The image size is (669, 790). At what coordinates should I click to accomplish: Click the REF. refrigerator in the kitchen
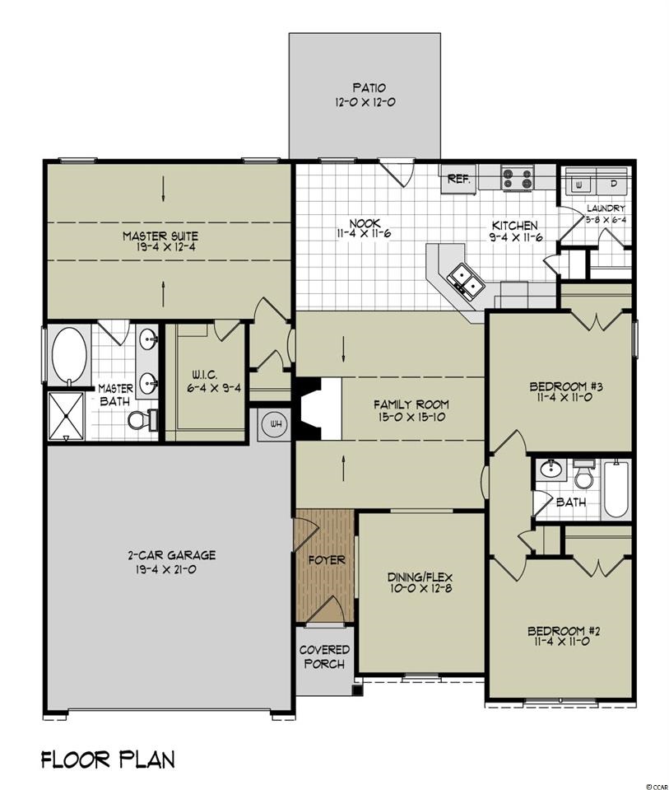[x=458, y=179]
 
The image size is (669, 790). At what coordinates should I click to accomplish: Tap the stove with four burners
[x=518, y=179]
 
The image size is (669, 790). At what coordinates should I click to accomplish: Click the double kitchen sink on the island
[x=466, y=280]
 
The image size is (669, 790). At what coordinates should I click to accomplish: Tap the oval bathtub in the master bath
[x=69, y=355]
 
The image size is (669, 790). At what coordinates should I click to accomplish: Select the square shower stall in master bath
[x=66, y=416]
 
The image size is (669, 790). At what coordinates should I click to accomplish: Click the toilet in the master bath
[x=142, y=419]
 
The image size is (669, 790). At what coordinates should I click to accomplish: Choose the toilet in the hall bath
[x=584, y=474]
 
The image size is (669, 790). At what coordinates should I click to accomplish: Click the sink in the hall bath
[x=551, y=468]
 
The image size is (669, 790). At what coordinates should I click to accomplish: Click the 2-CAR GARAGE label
[x=171, y=555]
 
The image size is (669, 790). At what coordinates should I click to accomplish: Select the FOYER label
[x=327, y=559]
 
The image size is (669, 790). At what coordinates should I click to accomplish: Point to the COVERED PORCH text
[x=325, y=657]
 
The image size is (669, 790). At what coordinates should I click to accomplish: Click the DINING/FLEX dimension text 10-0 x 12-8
[x=420, y=589]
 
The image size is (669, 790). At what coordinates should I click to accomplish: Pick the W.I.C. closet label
[x=204, y=375]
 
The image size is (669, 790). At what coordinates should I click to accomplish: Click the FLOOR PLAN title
[x=108, y=759]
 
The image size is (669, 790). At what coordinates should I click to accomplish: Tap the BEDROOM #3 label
[x=566, y=386]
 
